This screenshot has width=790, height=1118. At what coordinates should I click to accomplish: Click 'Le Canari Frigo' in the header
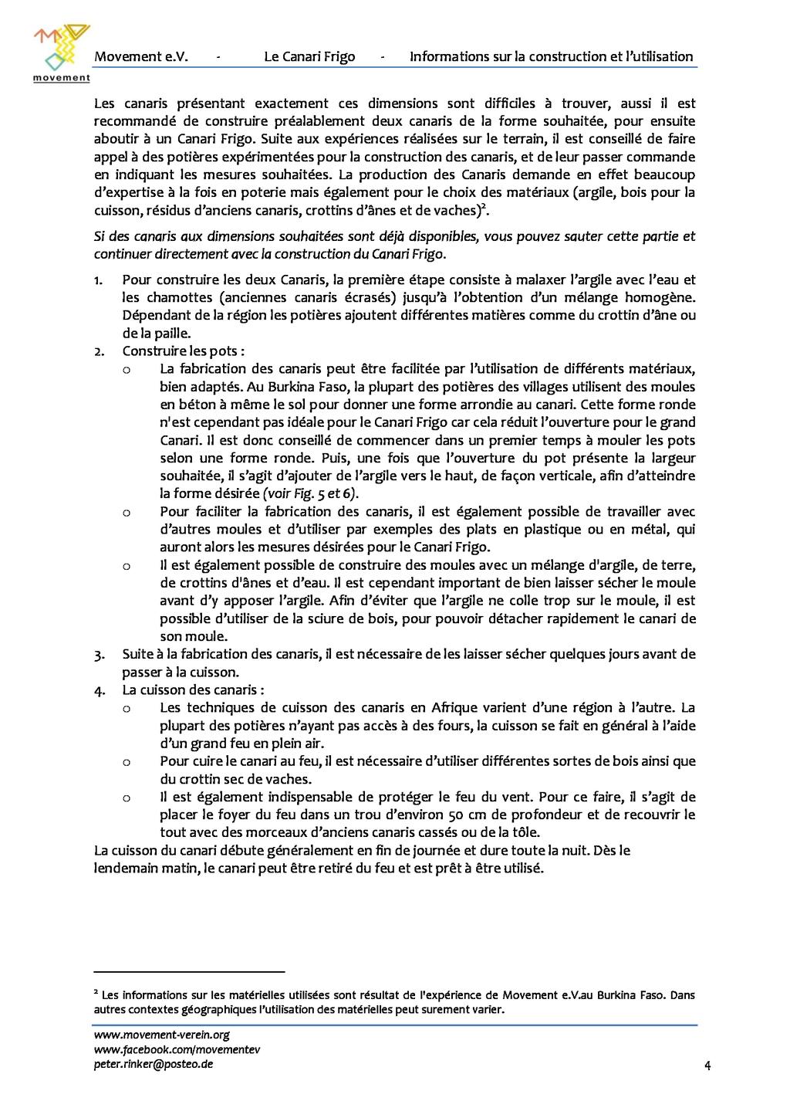point(309,56)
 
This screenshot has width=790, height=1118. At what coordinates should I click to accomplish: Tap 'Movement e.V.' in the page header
point(141,56)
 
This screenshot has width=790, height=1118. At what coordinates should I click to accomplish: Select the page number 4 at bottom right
point(707,1066)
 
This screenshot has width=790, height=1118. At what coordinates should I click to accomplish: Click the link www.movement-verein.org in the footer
point(162,1035)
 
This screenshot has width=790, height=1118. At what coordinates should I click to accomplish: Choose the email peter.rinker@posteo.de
point(154,1064)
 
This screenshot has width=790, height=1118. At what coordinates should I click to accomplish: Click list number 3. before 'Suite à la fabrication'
point(99,655)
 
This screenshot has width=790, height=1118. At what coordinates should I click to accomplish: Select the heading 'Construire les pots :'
point(184,351)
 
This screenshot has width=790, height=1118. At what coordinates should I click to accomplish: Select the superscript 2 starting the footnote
point(96,993)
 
